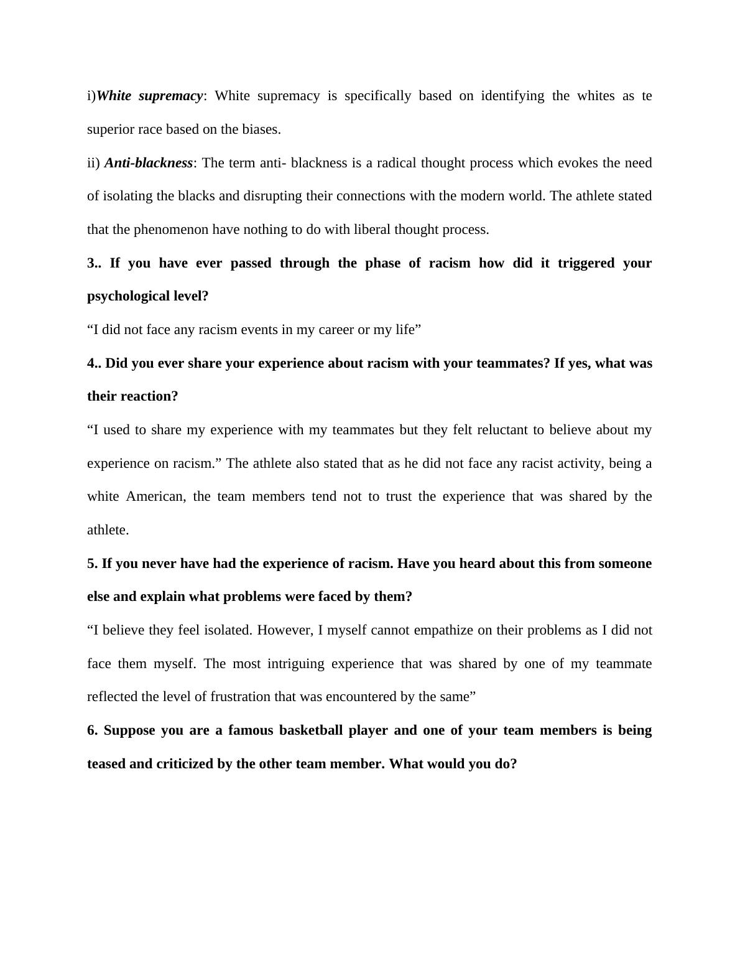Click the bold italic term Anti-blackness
[x=149, y=163]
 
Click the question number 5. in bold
[x=93, y=564]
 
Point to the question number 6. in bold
[x=93, y=730]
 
